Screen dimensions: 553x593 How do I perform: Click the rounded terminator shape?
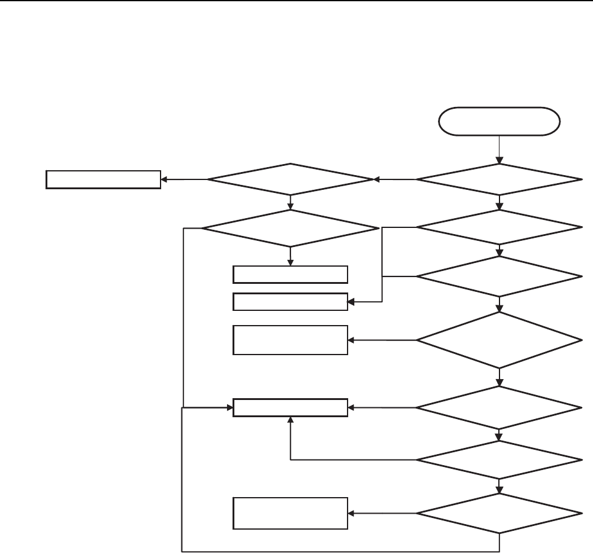(499, 121)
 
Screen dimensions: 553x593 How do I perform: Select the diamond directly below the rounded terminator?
(499, 179)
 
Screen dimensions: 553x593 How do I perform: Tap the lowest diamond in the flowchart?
(499, 513)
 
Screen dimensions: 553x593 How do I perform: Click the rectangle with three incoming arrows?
(290, 407)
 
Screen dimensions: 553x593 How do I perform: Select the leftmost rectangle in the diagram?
(103, 179)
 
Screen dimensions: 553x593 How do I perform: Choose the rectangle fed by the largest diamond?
(290, 340)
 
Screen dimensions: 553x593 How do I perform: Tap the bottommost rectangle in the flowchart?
(290, 513)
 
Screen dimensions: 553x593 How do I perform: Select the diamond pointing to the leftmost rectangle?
(290, 179)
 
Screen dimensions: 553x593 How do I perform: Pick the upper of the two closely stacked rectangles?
(290, 274)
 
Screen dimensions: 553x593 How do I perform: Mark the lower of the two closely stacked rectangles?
(290, 302)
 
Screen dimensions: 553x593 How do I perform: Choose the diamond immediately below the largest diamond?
(499, 407)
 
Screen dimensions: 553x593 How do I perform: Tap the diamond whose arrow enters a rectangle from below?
(499, 460)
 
